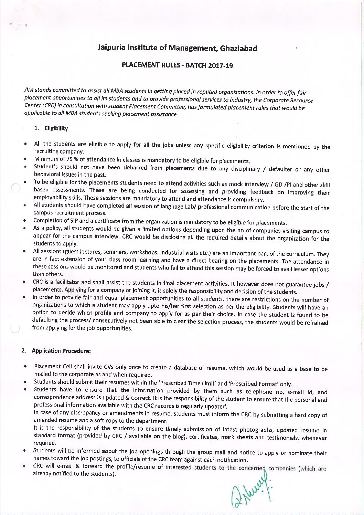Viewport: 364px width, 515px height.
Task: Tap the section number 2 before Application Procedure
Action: coord(23,351)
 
